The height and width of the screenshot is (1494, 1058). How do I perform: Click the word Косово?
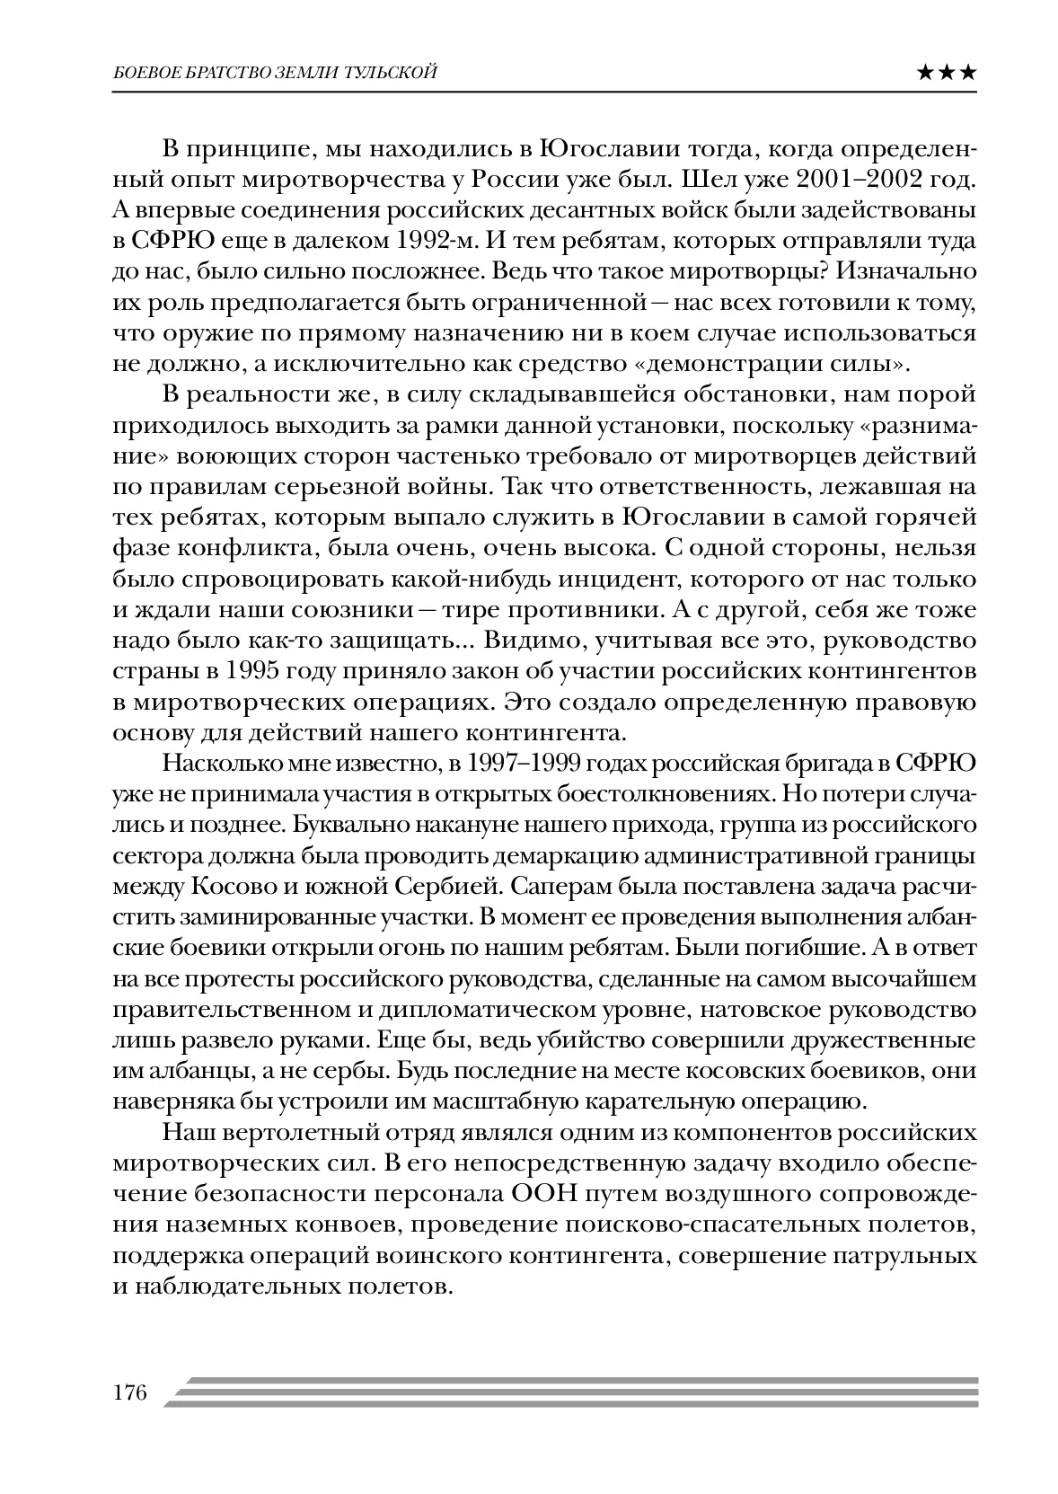(x=236, y=885)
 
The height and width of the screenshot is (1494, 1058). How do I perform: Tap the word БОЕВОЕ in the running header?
(x=143, y=74)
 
